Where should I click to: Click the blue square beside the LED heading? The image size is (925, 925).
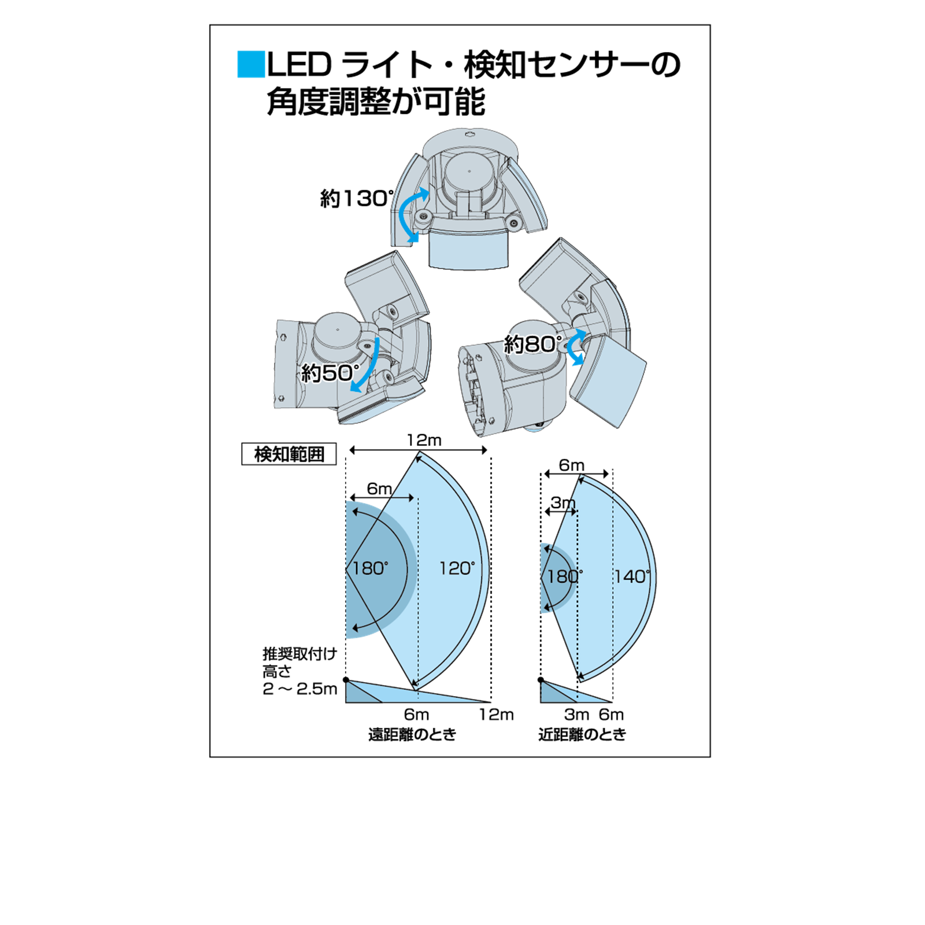(x=251, y=65)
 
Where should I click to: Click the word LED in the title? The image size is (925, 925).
(x=299, y=65)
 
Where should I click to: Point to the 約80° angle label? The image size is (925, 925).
(x=532, y=345)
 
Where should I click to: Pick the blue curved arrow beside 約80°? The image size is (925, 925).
(x=574, y=347)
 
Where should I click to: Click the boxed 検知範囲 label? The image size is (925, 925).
(x=289, y=454)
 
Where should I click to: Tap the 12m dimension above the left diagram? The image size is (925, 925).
(x=424, y=441)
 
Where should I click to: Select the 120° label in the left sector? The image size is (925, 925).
(x=457, y=568)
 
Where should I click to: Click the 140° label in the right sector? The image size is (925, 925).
(x=632, y=576)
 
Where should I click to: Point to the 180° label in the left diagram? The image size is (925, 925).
(x=370, y=568)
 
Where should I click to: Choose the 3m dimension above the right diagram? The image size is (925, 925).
(x=563, y=502)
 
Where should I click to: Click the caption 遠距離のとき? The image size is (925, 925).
(x=412, y=734)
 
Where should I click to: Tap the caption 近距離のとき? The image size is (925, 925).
(x=582, y=734)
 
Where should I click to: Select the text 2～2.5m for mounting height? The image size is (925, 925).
(x=299, y=689)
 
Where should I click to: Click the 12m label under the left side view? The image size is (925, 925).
(x=496, y=715)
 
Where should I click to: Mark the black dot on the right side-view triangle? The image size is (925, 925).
(x=541, y=680)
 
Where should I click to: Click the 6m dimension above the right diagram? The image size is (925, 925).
(x=571, y=465)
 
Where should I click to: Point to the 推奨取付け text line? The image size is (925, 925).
(x=299, y=654)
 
